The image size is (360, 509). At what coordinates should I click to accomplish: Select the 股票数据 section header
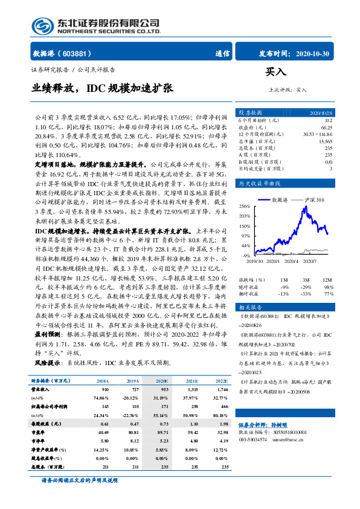coord(250,113)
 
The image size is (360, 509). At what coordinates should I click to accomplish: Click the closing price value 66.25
coord(326,128)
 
